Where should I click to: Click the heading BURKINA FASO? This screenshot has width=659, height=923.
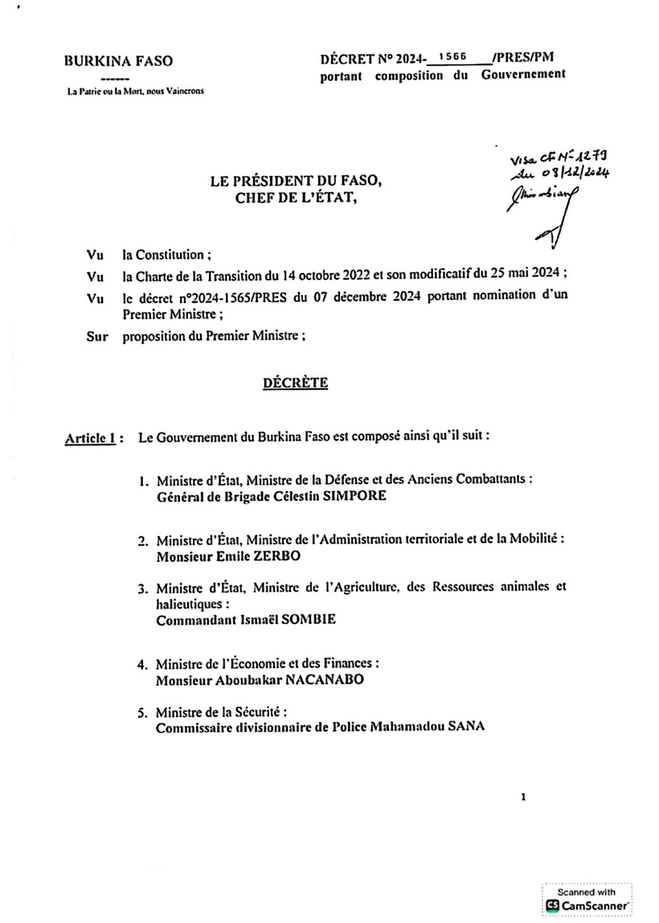(118, 60)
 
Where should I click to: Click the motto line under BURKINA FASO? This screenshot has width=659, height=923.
(136, 91)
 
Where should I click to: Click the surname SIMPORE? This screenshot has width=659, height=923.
(356, 496)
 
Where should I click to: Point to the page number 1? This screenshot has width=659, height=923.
(523, 798)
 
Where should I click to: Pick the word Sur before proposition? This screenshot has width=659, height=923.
(96, 337)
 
